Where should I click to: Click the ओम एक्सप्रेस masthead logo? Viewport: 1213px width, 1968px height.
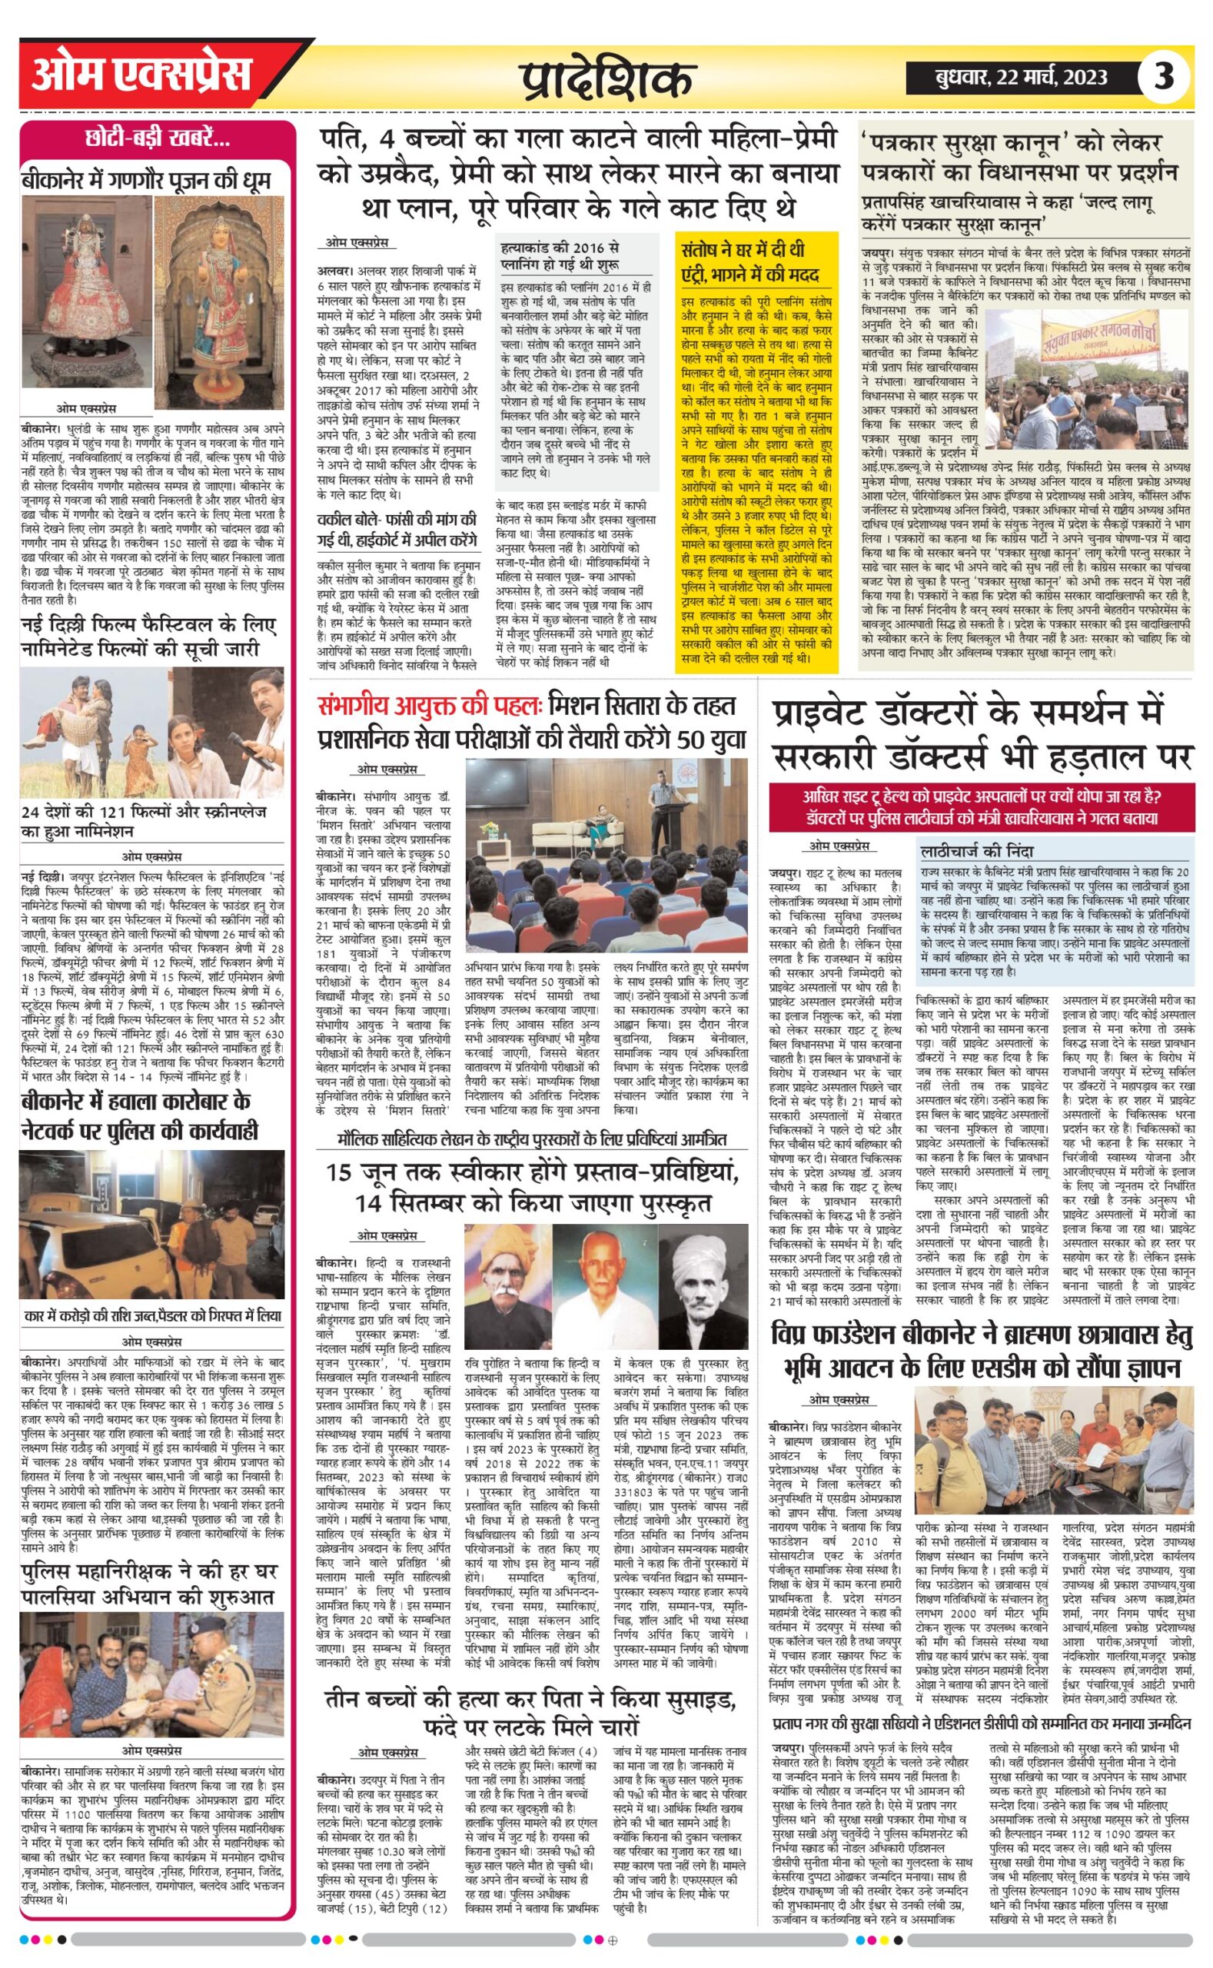coord(141,77)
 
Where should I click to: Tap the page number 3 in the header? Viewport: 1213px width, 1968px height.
coord(1162,77)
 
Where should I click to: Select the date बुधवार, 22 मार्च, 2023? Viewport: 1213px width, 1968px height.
coord(1021,78)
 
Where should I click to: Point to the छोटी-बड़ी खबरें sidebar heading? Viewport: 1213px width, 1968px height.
coord(158,139)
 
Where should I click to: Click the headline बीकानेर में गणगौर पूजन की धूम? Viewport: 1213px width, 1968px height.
coord(146,180)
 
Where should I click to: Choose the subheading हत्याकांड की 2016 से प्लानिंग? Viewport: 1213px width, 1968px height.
coord(559,256)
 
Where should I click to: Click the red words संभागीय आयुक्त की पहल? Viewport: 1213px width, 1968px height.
coord(430,706)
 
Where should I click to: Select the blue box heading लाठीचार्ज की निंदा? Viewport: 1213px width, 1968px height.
coord(977,850)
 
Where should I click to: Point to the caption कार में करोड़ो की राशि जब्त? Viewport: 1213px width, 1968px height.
coord(152,1317)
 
